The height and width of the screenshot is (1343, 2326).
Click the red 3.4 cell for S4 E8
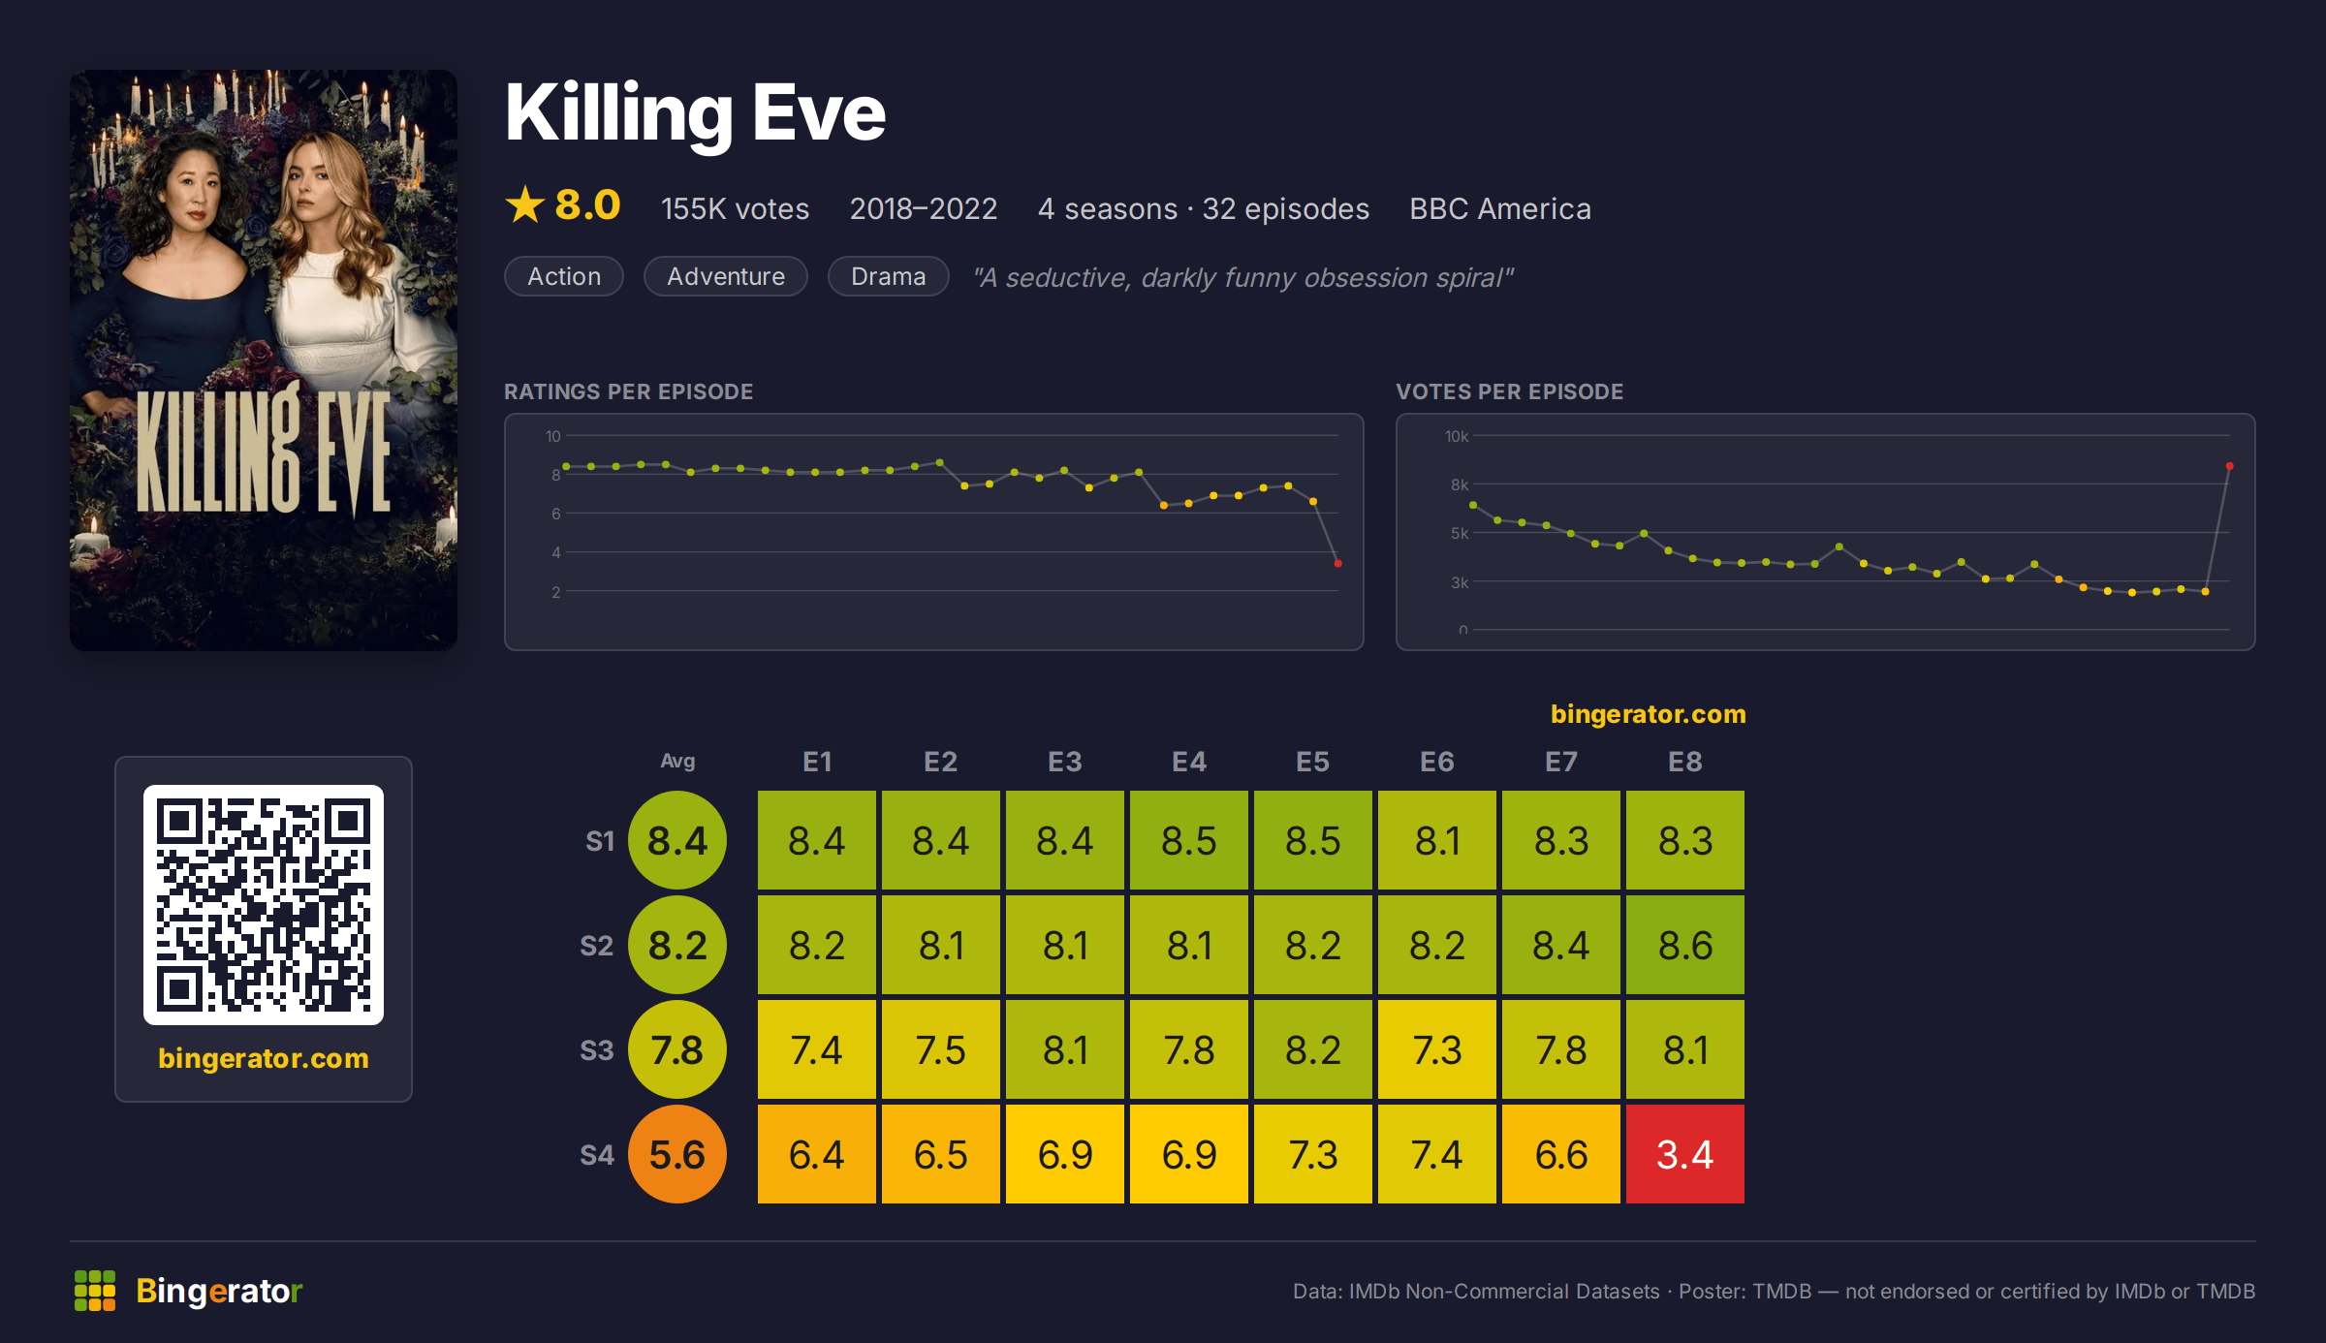coord(1685,1154)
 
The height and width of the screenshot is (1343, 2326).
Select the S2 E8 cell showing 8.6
coord(1685,945)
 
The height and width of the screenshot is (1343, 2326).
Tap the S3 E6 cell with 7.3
coord(1437,1049)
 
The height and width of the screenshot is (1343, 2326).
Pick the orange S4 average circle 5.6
coord(677,1154)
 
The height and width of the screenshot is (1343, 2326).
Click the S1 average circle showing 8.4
coord(677,840)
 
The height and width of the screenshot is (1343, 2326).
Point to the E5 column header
coord(1313,762)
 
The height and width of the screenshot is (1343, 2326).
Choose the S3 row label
coord(597,1050)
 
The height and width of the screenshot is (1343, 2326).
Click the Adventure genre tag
coord(726,276)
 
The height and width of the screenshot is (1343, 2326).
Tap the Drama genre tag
coord(888,276)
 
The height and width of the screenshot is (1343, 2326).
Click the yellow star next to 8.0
coord(525,204)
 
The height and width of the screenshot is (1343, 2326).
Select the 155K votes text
coord(735,208)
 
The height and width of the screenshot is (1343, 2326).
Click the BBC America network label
coord(1500,208)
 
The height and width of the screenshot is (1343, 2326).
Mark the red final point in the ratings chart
coord(1337,563)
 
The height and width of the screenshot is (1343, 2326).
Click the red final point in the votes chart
coord(2229,467)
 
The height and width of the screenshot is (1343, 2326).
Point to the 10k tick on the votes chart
coord(1457,436)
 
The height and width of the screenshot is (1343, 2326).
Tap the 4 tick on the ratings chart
coord(556,552)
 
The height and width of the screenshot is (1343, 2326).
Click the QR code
coord(264,905)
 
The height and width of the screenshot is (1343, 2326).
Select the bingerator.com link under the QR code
coord(264,1058)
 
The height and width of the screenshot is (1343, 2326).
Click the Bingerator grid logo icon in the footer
coord(95,1291)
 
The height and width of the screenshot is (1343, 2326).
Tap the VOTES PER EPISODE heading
coord(1509,391)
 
